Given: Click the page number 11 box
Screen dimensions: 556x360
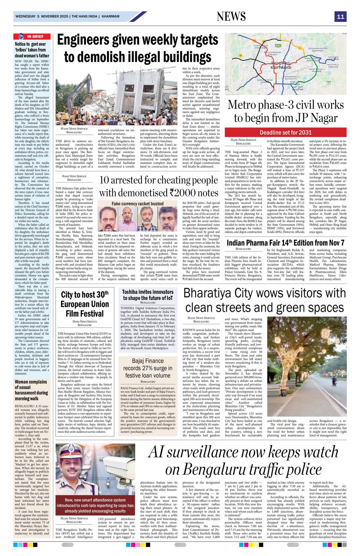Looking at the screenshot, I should pyautogui.click(x=340, y=17).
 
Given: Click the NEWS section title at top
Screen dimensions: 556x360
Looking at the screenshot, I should pyautogui.click(x=231, y=17).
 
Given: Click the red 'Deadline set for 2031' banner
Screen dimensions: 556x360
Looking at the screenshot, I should pyautogui.click(x=286, y=132).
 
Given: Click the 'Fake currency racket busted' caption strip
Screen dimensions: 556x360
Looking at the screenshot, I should pyautogui.click(x=137, y=203).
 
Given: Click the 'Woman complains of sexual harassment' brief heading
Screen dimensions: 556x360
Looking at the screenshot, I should pyautogui.click(x=31, y=390).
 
